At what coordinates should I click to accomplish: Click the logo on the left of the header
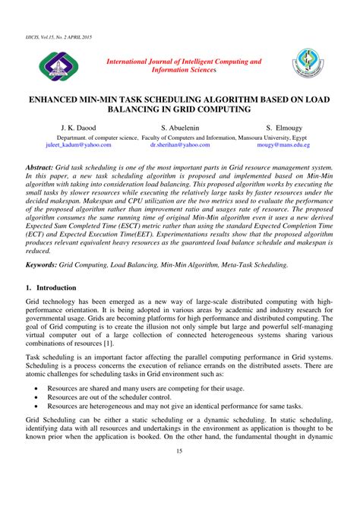[x=57, y=68]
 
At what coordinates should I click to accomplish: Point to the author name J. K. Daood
[x=71, y=128]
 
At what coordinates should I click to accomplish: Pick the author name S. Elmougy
[x=287, y=128]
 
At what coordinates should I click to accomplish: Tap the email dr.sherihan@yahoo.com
[x=179, y=144]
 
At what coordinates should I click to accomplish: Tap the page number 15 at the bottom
[x=179, y=473]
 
